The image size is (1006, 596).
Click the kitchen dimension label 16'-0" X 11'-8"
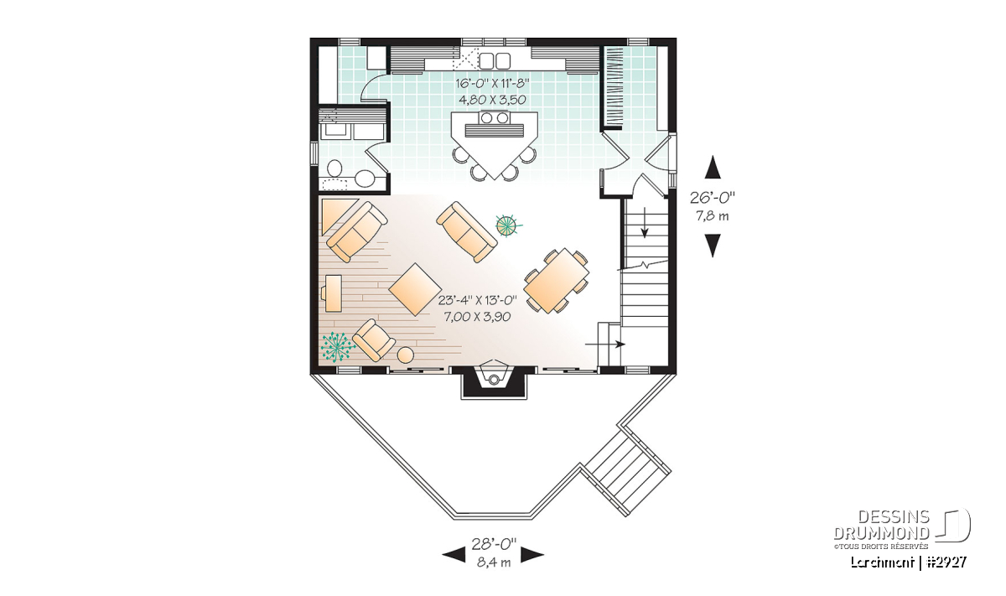pyautogui.click(x=493, y=84)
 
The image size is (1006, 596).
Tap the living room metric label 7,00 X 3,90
pyautogui.click(x=477, y=317)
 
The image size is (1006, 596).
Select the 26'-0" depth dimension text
pyautogui.click(x=713, y=197)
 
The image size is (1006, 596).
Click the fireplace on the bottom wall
pyautogui.click(x=494, y=381)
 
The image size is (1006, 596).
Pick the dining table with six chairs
pyautogui.click(x=557, y=281)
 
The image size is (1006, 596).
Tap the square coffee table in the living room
pyautogui.click(x=415, y=289)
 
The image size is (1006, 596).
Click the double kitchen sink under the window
pyautogui.click(x=495, y=60)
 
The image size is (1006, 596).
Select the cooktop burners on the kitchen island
pyautogui.click(x=494, y=117)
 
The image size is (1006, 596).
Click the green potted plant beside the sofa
pyautogui.click(x=508, y=225)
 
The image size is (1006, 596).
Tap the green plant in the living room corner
pyautogui.click(x=335, y=346)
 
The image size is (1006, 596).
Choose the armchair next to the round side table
pyautogui.click(x=374, y=339)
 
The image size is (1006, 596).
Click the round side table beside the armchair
pyautogui.click(x=406, y=355)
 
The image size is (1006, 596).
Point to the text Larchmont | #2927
pyautogui.click(x=908, y=562)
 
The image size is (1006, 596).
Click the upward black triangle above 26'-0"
pyautogui.click(x=713, y=167)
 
